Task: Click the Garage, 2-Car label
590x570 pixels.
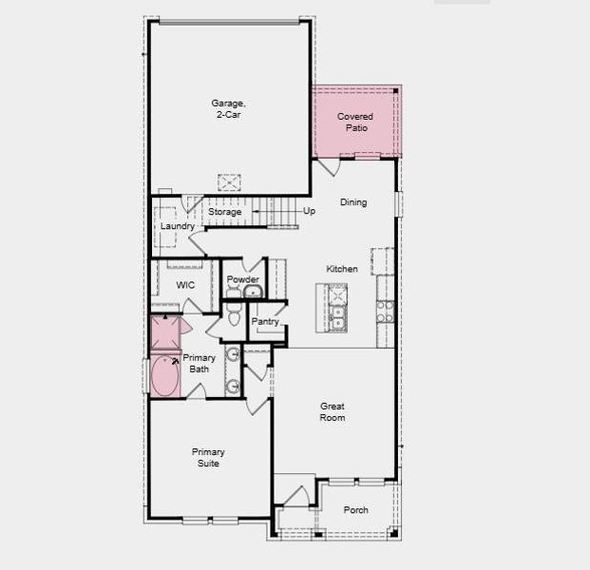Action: (229, 108)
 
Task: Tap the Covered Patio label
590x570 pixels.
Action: (356, 122)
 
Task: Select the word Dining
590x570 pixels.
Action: (353, 202)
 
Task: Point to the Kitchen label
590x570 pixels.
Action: (342, 269)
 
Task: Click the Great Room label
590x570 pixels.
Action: (332, 410)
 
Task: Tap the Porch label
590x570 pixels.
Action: (355, 510)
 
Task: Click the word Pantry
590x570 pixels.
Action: (265, 321)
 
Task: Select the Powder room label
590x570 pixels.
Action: (243, 279)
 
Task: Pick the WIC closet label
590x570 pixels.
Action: (185, 285)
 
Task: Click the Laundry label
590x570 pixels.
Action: (177, 226)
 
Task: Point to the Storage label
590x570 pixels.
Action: (225, 212)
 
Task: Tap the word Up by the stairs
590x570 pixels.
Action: (309, 211)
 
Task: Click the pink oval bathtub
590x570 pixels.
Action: (165, 376)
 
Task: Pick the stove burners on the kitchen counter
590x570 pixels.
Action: (385, 312)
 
